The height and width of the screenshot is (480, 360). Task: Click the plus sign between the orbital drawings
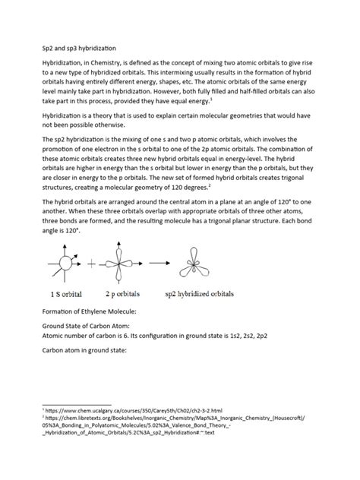click(93, 264)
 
